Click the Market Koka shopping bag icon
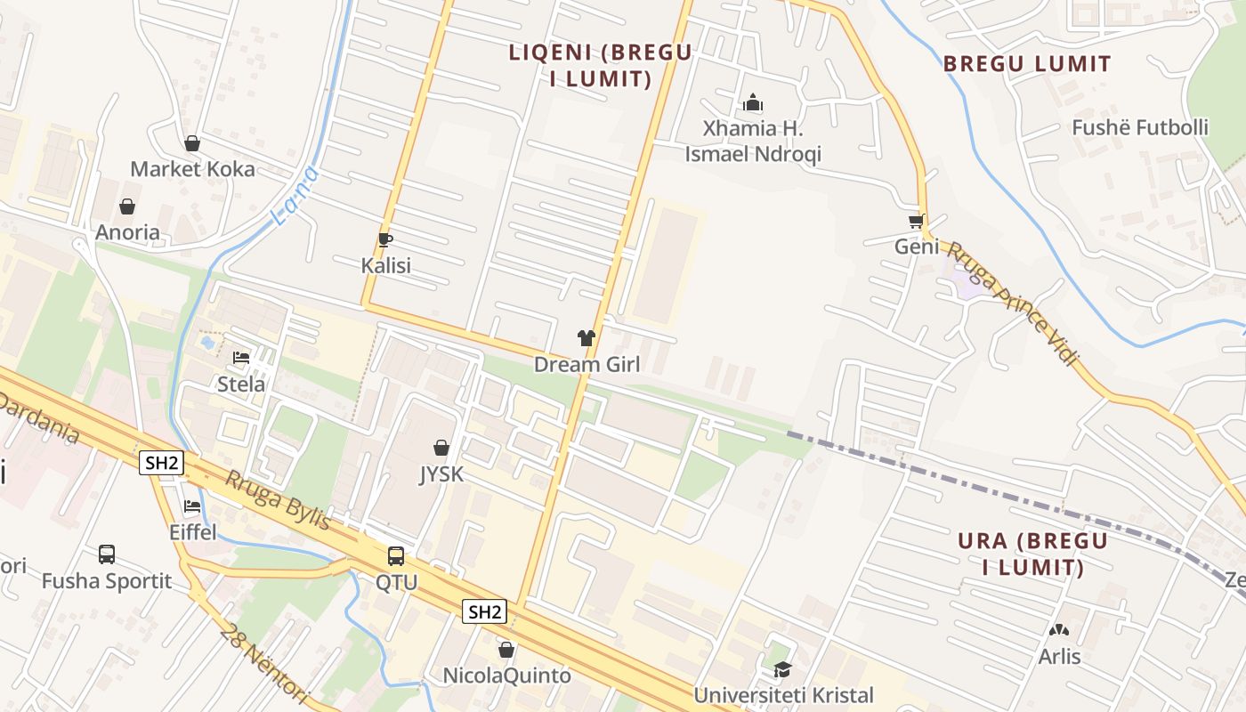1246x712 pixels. coord(192,143)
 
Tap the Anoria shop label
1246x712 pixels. coord(128,232)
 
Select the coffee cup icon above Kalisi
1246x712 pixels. coord(385,239)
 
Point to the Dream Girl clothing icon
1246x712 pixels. coord(586,338)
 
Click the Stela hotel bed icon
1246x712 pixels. coord(241,358)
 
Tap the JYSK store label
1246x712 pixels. coord(441,474)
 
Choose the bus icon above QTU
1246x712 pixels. coord(396,556)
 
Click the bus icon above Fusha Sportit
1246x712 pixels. coord(107,554)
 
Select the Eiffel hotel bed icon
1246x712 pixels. coord(192,506)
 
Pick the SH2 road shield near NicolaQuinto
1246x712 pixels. coord(485,611)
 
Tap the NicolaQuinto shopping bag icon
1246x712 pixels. coord(506,650)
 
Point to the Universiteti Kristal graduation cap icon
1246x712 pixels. coord(782,669)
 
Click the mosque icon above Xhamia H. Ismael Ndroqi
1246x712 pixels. coord(753,102)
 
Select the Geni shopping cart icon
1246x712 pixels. coord(916,221)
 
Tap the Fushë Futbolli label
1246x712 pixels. coord(1139,127)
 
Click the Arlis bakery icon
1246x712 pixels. coord(1059,630)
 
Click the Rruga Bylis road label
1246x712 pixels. coord(277,501)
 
